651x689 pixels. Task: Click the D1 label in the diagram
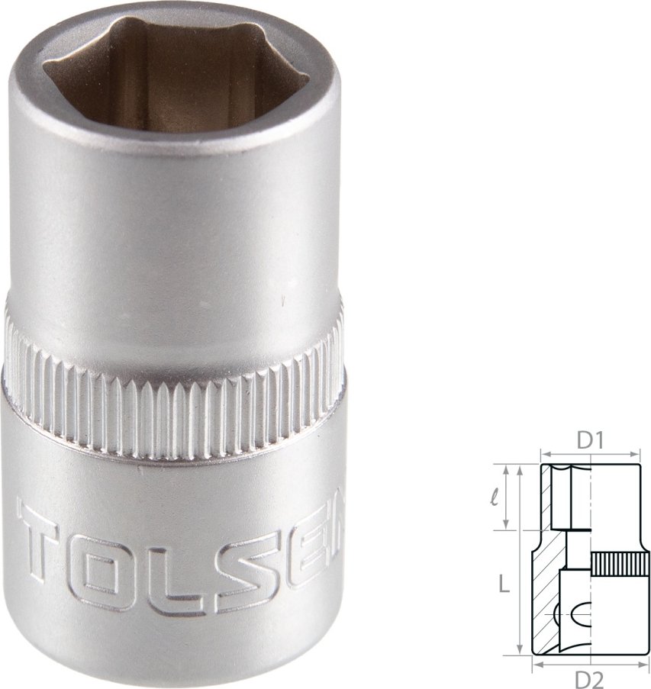[590, 439]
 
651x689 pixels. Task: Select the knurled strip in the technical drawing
[615, 564]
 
